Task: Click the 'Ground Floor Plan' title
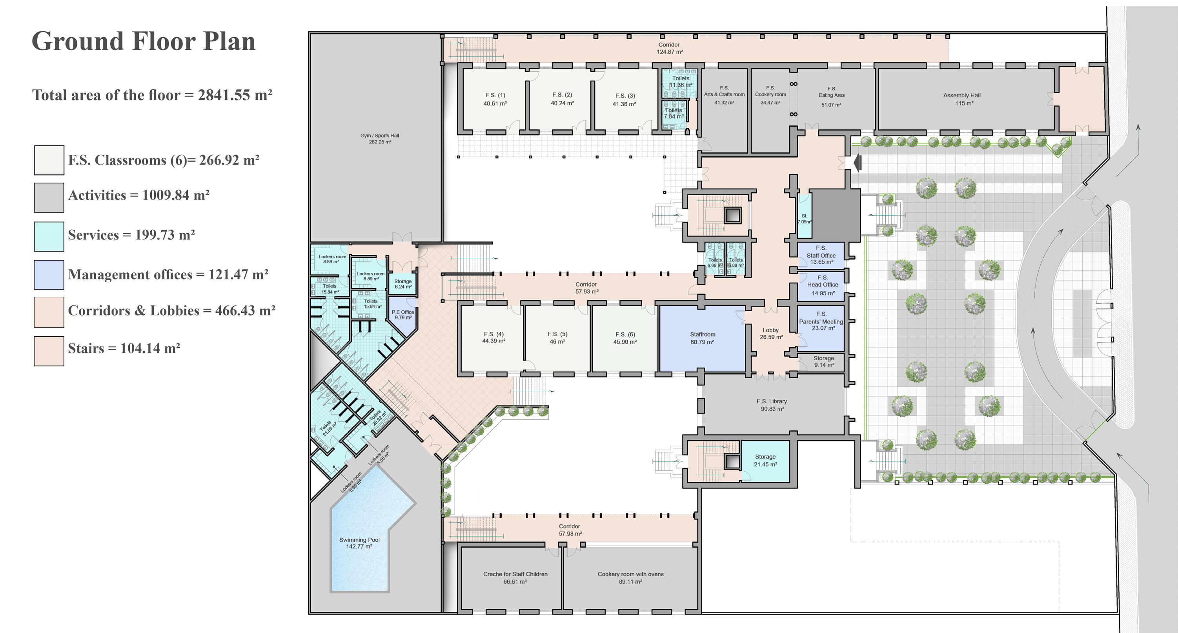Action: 143,42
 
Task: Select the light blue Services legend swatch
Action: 49,236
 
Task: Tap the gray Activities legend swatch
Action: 49,198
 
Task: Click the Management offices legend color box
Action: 49,275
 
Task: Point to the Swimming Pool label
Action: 359,543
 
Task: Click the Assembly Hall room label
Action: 962,99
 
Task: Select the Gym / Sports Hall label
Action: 380,138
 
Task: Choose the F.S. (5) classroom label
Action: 557,338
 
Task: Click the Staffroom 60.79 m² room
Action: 703,338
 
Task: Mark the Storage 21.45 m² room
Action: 765,460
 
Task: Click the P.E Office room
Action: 402,315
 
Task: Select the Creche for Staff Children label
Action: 515,578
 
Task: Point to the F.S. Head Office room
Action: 822,286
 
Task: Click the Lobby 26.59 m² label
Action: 771,334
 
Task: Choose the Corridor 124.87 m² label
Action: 669,48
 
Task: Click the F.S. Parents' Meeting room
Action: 821,321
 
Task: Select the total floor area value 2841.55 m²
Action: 235,95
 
